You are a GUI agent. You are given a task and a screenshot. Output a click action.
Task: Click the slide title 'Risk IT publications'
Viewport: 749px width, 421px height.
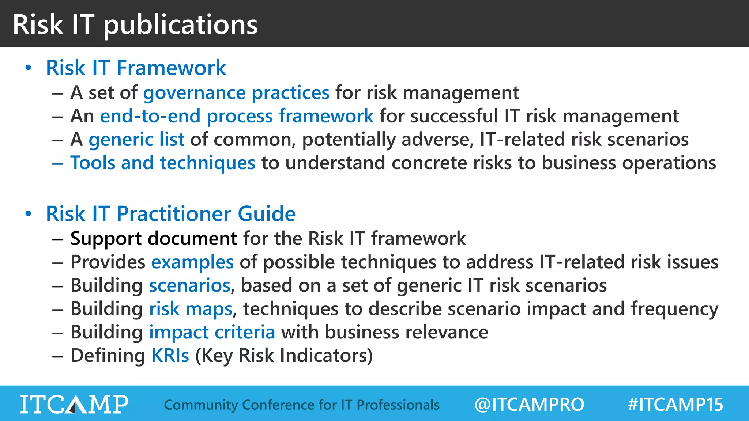click(135, 24)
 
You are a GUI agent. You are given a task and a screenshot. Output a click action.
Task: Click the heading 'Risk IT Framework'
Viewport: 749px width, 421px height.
click(136, 68)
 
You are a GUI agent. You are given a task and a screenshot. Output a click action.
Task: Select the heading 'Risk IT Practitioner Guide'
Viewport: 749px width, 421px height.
click(170, 214)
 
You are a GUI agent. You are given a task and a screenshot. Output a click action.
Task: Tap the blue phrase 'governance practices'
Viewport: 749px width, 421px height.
click(236, 93)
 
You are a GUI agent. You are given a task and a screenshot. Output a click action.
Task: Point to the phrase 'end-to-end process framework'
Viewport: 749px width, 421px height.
click(237, 116)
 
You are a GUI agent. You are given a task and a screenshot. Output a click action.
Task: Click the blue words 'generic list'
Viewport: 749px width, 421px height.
click(136, 140)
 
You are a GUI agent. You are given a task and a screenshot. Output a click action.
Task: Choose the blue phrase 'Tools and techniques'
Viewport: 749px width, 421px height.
click(163, 163)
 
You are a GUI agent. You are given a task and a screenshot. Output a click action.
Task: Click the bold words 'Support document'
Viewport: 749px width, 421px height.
click(154, 239)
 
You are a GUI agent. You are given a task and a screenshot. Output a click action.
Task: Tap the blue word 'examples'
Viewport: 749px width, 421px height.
click(192, 262)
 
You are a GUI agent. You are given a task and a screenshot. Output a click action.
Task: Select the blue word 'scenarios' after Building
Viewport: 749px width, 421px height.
click(189, 285)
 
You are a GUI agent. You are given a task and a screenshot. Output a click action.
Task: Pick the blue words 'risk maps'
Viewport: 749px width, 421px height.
click(191, 309)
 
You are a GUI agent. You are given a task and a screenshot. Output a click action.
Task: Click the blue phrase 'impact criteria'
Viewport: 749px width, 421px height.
click(212, 332)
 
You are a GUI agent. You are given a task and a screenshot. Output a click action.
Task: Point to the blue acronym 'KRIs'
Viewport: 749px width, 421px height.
click(170, 356)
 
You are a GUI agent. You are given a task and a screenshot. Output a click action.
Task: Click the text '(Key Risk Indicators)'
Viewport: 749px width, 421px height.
click(284, 356)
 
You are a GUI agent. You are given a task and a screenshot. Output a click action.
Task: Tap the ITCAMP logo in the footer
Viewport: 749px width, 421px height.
click(74, 404)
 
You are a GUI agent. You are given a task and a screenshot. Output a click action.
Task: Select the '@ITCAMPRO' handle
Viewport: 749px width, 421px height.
click(529, 405)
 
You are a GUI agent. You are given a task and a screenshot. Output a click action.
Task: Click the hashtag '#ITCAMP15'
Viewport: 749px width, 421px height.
click(675, 405)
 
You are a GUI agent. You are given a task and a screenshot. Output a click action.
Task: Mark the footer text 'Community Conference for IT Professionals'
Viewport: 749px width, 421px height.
click(302, 405)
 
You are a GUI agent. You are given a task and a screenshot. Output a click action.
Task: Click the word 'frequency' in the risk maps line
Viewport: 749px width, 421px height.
click(674, 309)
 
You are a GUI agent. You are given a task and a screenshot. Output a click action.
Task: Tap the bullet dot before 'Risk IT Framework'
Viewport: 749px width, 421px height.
click(28, 68)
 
